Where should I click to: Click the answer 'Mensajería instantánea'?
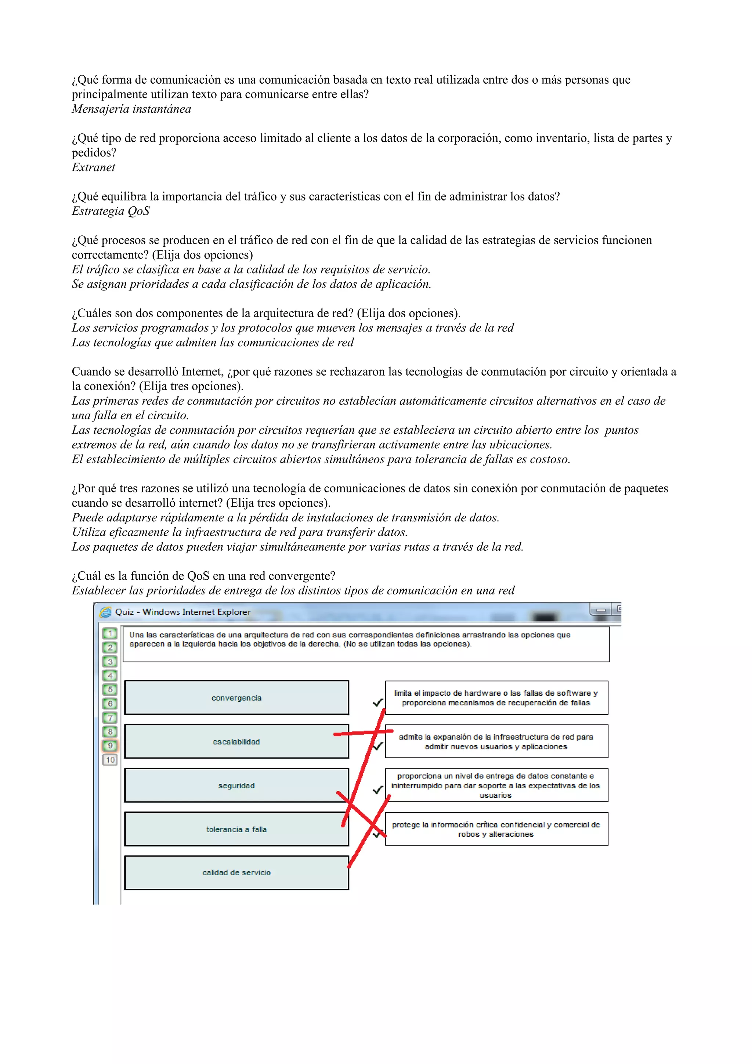[x=131, y=109]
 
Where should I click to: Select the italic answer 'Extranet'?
[x=93, y=167]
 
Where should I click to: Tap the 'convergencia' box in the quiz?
[x=236, y=698]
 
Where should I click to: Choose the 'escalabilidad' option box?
[x=236, y=742]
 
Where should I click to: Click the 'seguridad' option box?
[x=236, y=785]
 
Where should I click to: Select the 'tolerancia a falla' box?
[x=236, y=829]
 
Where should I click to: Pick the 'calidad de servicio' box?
[x=236, y=873]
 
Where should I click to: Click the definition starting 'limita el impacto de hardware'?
[x=496, y=698]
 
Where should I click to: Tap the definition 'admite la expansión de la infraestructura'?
[x=496, y=742]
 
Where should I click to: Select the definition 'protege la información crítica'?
[x=496, y=829]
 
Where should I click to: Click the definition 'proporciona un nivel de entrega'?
[x=496, y=785]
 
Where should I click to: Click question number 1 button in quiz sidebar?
[x=110, y=633]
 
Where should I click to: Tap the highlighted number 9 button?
[x=110, y=746]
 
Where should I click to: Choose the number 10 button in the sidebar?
[x=110, y=760]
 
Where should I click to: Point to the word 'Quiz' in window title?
[x=124, y=612]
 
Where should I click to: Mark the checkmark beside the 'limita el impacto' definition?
[x=377, y=702]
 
